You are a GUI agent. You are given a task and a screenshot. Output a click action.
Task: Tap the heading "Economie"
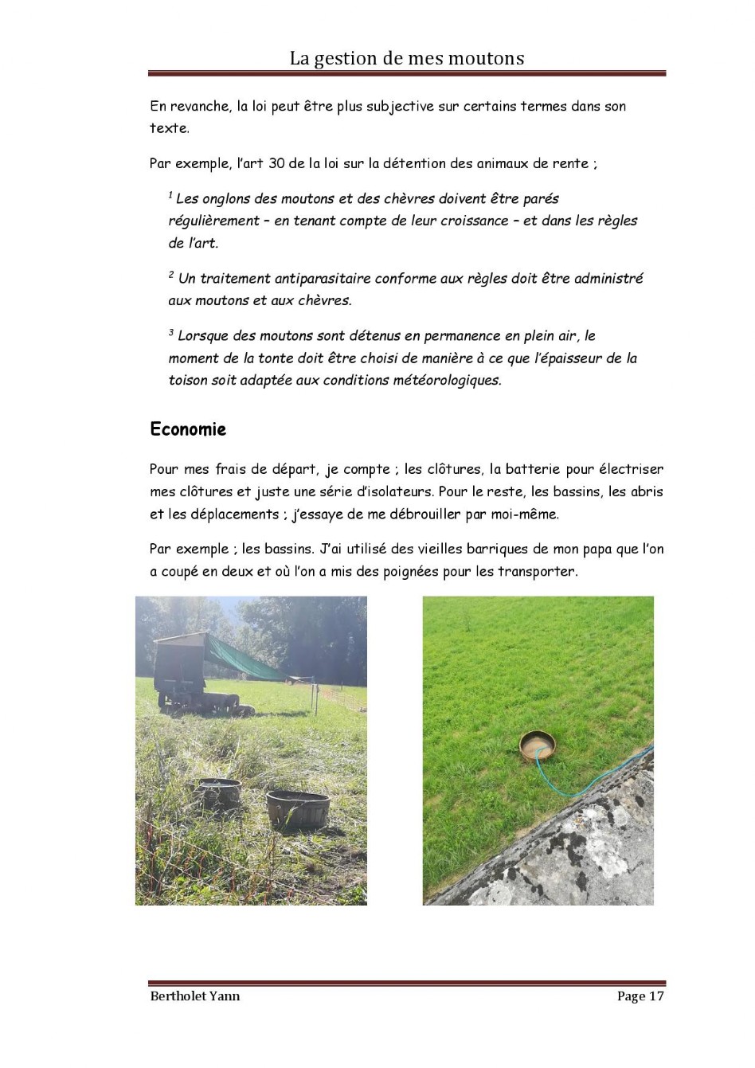[x=188, y=429]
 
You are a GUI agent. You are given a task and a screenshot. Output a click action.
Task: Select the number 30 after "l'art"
[x=276, y=163]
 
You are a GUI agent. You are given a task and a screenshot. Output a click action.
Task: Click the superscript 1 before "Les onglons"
[x=170, y=195]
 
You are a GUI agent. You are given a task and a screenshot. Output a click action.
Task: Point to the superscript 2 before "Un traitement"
[x=171, y=275]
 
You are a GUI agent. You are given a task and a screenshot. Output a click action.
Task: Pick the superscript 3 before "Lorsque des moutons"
[x=171, y=332]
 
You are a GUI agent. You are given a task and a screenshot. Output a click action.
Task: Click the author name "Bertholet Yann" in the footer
[x=194, y=996]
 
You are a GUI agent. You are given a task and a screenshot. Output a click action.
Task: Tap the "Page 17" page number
[x=640, y=996]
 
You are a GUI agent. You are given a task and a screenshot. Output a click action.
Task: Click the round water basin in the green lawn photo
[x=537, y=747]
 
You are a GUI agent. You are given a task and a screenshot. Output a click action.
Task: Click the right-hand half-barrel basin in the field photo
[x=298, y=808]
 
